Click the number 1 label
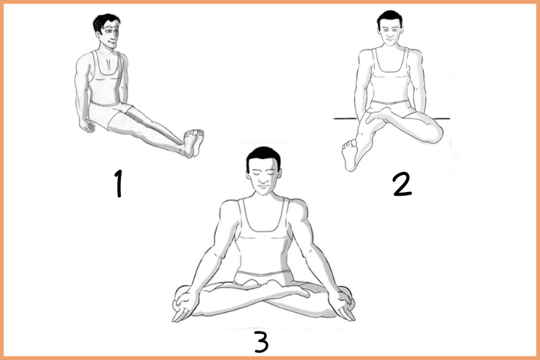[118, 184]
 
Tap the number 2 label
[402, 184]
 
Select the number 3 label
[262, 341]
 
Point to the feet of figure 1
[193, 142]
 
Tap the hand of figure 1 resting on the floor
[86, 125]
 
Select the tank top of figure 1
[106, 78]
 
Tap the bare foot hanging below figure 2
[349, 154]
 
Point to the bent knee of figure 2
[434, 133]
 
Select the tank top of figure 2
[390, 76]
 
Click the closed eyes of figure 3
[264, 173]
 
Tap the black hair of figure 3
[263, 157]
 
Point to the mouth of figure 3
[264, 187]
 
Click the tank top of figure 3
[263, 237]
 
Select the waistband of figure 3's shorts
[263, 274]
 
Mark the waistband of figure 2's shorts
[390, 102]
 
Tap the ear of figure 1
[100, 34]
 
